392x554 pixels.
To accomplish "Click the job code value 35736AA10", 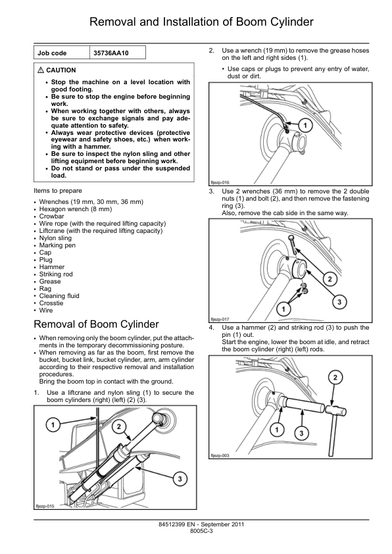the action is tap(111, 53).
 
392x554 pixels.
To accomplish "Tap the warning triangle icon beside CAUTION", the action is tap(41, 70).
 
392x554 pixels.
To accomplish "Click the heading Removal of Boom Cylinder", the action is tap(96, 324).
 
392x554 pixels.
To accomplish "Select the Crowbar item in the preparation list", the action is tap(51, 216).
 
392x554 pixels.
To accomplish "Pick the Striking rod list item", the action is tap(56, 274).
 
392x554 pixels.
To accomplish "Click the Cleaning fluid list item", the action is tap(59, 295).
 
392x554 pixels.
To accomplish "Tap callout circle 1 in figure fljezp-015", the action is tap(53, 424).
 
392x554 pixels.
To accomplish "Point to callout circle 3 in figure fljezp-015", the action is tap(180, 479).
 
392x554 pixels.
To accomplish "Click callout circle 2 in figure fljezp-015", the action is tap(118, 426).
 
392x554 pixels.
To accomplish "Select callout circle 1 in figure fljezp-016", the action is tap(305, 125).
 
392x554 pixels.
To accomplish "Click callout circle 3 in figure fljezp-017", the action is tap(339, 302).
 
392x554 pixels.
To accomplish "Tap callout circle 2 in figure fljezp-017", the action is tap(330, 280).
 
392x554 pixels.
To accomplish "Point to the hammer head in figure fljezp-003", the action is tap(335, 411).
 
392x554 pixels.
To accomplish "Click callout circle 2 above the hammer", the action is tap(335, 378).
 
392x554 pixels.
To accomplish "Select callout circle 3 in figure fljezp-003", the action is tap(301, 433).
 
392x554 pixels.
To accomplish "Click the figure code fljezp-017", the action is tap(220, 319).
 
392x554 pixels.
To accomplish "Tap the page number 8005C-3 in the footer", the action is tap(201, 531).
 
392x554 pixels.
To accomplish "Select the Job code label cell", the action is tap(62, 53).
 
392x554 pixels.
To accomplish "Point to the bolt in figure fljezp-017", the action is tap(293, 245).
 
